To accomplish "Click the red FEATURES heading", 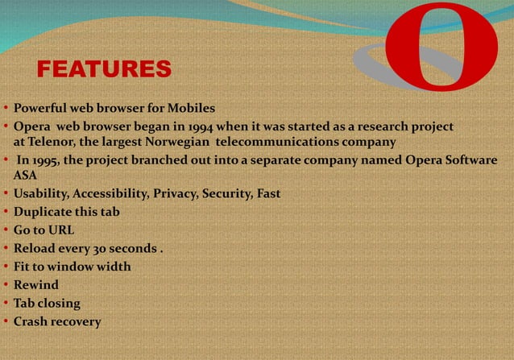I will point(104,69).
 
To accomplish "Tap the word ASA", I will point(26,175).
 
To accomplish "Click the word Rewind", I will point(35,285).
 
